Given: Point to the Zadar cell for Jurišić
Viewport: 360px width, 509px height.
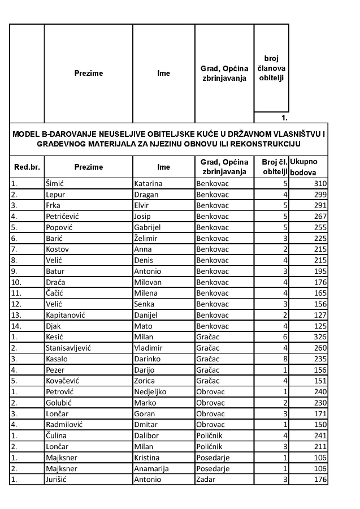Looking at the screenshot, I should tap(206, 480).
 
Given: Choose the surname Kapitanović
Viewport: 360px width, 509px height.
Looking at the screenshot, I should tap(66, 315).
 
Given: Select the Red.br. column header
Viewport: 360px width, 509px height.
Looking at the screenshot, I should tap(27, 167).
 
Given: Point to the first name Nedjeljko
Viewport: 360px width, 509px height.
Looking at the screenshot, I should tap(151, 392).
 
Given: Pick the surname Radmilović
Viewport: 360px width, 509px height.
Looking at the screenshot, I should tap(65, 425).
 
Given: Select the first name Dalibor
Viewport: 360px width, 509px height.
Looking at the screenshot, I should tap(148, 436).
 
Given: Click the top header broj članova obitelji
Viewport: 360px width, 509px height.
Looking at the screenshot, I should tap(271, 68).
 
